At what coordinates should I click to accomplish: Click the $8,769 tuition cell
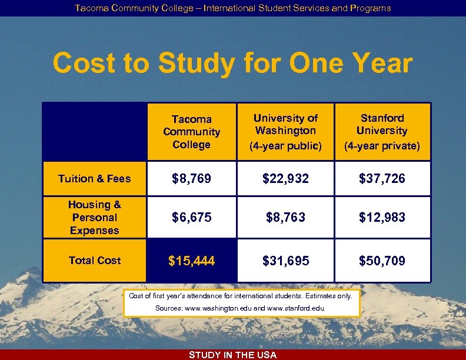(191, 179)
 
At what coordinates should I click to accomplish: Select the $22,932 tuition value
(285, 179)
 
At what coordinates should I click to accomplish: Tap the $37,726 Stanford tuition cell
(382, 179)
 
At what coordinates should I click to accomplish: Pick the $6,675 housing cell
(191, 218)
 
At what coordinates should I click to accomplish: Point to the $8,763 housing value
(285, 218)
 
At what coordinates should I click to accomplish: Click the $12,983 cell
(382, 218)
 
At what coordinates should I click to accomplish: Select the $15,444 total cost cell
(191, 261)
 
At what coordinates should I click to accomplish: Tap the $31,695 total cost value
(285, 261)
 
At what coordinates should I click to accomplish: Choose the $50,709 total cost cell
(382, 261)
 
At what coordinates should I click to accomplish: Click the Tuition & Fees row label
(94, 179)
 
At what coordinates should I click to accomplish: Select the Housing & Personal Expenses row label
(94, 218)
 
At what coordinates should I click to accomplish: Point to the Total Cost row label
(94, 261)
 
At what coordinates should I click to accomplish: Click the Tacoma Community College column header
(191, 132)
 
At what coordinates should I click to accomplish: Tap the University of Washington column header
(285, 132)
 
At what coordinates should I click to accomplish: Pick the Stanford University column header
(382, 132)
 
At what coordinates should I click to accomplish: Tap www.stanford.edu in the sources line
(294, 308)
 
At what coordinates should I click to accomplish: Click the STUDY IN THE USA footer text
(233, 355)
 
